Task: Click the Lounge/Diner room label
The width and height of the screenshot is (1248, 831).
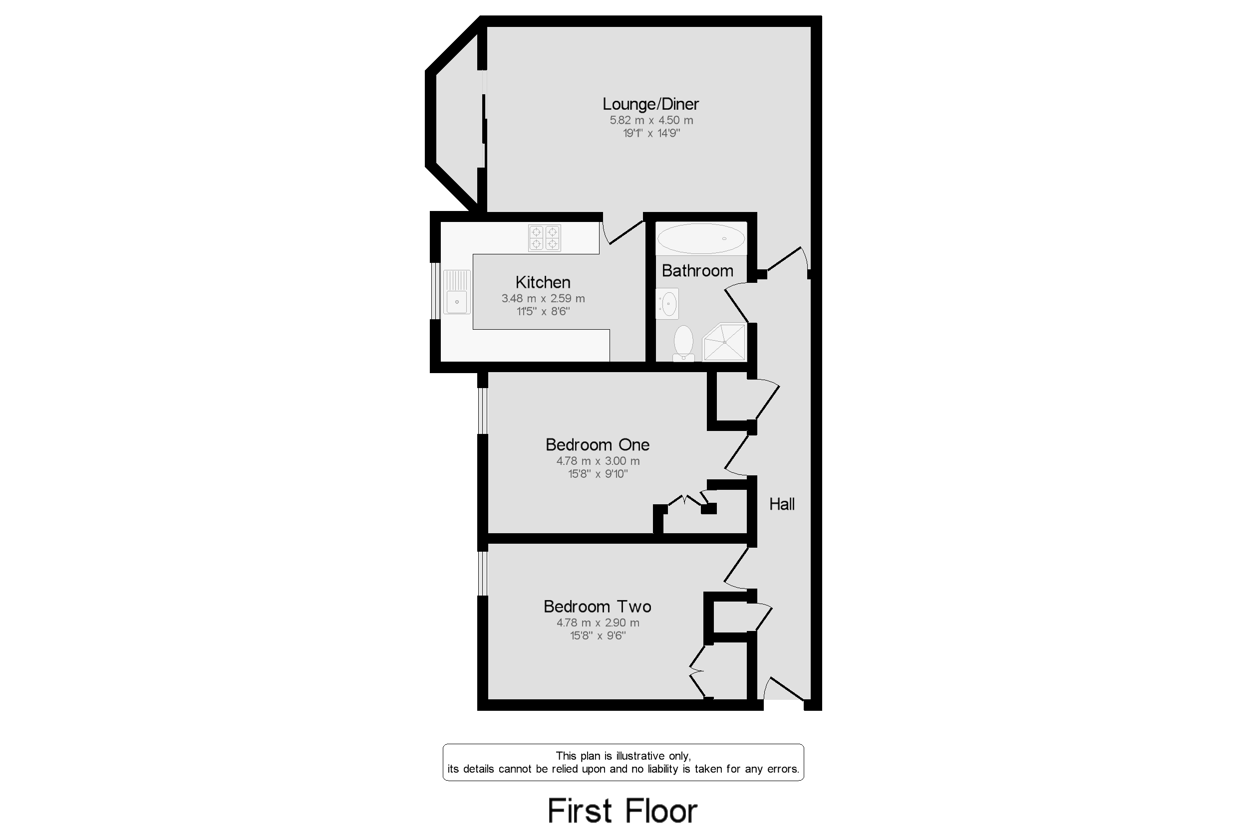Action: coord(650,104)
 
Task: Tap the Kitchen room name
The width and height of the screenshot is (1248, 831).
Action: coord(543,282)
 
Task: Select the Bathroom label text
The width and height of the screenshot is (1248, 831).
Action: coord(697,271)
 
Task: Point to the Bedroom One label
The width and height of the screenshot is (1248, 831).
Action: coord(597,444)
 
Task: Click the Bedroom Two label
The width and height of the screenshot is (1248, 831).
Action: coord(597,607)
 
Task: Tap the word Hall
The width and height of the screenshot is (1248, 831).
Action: coord(782,504)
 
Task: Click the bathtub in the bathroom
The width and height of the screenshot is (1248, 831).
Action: coord(701,238)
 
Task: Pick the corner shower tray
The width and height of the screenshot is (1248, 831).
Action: coord(724,342)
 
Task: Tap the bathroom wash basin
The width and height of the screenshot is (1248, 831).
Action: coord(667,304)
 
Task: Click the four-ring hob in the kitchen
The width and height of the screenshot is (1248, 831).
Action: coord(545,238)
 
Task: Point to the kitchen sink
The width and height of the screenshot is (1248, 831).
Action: coord(457,292)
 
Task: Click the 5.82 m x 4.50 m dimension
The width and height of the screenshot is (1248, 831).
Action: coord(651,120)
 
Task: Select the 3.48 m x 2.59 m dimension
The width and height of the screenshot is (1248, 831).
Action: coord(543,298)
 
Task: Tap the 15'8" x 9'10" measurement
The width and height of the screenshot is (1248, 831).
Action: coord(598,474)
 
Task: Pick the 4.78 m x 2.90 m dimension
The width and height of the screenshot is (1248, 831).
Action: coord(598,623)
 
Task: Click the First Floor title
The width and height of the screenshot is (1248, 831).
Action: coord(623,811)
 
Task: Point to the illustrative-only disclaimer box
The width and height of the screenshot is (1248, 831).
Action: coord(623,762)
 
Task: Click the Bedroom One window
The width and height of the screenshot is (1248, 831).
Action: coord(482,411)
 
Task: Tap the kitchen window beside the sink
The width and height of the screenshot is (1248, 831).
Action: coord(435,291)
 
